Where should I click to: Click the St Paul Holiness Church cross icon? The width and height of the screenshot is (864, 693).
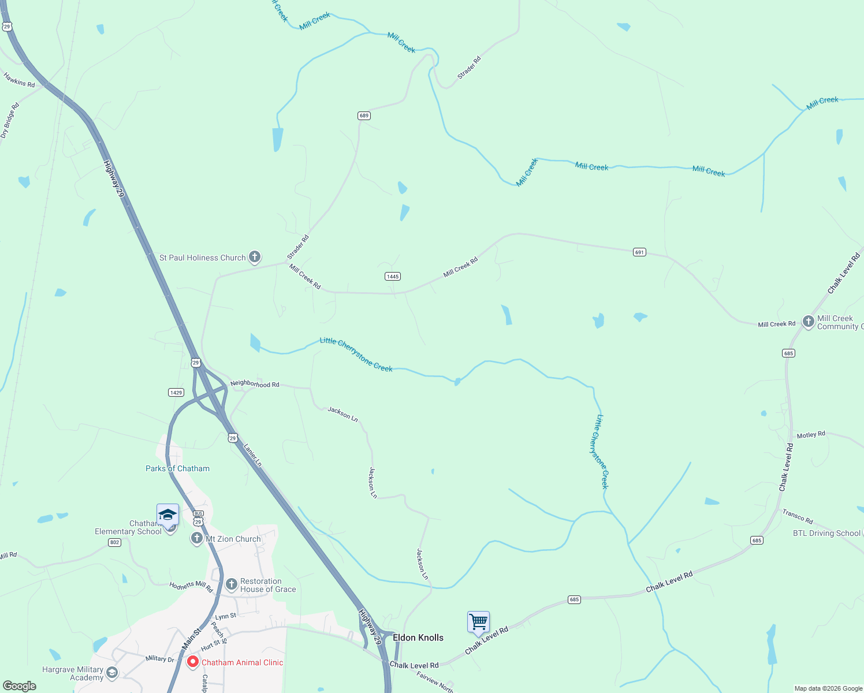(255, 258)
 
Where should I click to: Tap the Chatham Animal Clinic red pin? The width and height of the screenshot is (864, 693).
(193, 662)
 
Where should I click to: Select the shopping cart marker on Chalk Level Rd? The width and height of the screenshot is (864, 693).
(478, 623)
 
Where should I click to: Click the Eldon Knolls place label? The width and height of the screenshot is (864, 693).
(418, 638)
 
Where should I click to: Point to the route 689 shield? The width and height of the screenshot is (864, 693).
(364, 115)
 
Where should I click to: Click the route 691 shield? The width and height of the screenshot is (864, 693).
(639, 252)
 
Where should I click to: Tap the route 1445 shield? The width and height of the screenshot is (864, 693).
(393, 277)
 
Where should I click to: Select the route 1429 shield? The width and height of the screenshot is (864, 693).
(176, 393)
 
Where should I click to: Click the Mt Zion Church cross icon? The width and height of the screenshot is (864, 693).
(197, 539)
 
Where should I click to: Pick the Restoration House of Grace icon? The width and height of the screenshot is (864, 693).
(232, 584)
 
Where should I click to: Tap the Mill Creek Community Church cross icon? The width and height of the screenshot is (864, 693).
(809, 322)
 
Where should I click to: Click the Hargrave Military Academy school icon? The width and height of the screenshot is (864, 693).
(112, 672)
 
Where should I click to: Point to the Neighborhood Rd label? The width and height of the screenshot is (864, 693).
(255, 384)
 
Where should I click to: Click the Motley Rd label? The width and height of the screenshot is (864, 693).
(811, 435)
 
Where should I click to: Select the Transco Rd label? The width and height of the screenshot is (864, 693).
(798, 516)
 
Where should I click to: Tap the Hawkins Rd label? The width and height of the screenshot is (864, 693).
(19, 80)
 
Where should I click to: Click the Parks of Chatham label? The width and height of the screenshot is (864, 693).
(177, 468)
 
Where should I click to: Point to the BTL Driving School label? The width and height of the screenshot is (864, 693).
(826, 533)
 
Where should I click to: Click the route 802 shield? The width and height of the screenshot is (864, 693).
(115, 542)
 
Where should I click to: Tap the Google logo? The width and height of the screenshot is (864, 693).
(20, 686)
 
